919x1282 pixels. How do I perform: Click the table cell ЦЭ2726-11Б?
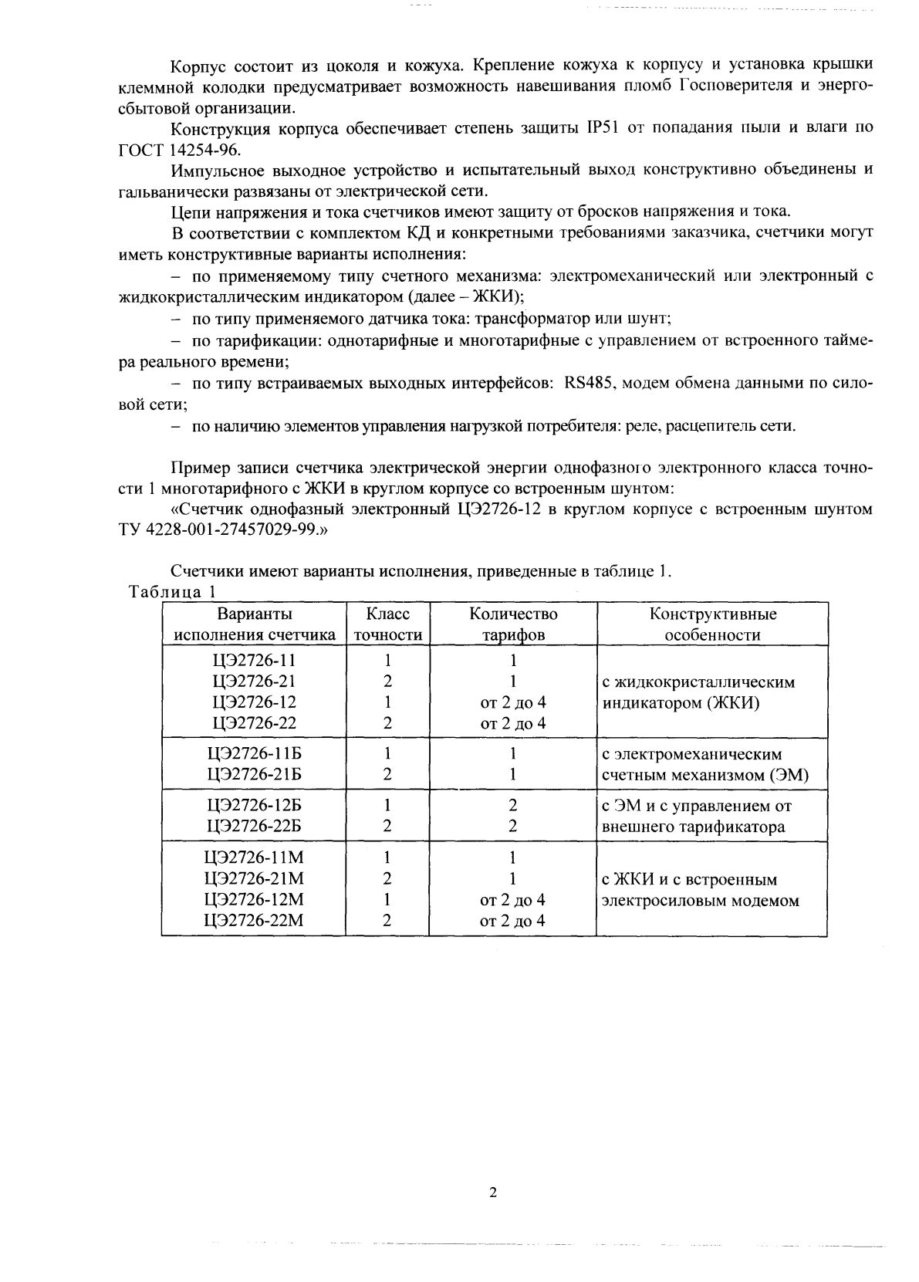click(x=254, y=753)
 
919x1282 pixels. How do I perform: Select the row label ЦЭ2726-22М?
click(x=254, y=920)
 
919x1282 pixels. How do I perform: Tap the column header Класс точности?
click(x=387, y=624)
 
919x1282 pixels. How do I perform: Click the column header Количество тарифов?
click(x=513, y=624)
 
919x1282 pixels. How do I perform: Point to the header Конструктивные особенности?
click(x=712, y=624)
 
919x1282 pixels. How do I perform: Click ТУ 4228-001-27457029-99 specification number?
click(x=215, y=530)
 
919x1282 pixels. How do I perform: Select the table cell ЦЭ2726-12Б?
click(x=254, y=805)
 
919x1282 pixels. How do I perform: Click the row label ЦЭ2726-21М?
click(x=254, y=878)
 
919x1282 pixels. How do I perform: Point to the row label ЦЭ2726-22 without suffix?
click(x=254, y=723)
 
